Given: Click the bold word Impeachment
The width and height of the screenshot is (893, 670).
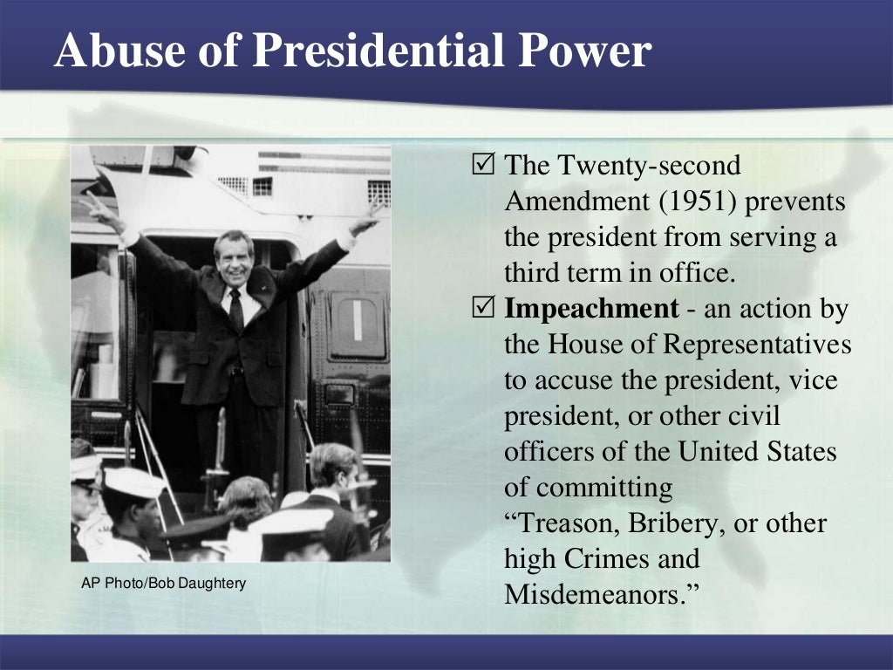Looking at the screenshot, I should click(x=591, y=308).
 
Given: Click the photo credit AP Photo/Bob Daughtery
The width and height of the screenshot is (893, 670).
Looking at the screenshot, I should click(x=163, y=583).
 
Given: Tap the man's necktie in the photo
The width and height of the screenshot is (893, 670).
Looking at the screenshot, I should click(x=235, y=309).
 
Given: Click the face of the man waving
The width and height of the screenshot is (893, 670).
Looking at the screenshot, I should click(x=234, y=257).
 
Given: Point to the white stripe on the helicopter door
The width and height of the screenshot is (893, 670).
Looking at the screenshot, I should click(x=357, y=320).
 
